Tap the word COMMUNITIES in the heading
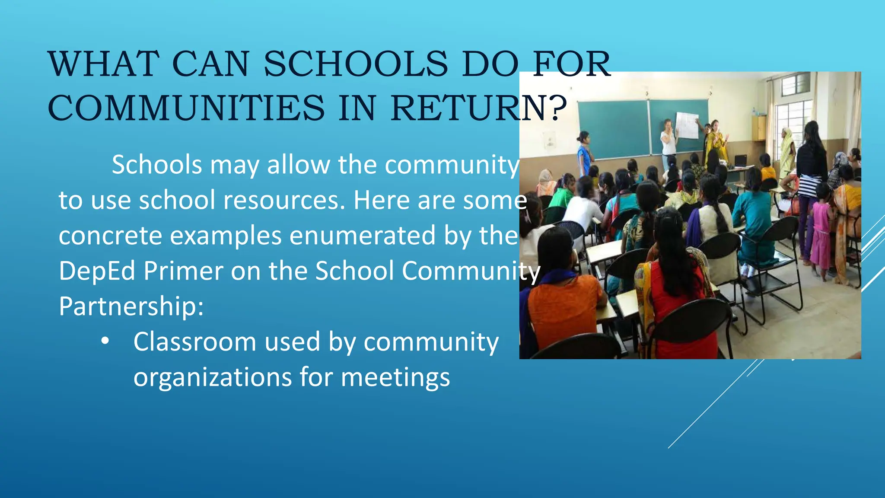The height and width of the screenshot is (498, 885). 186,108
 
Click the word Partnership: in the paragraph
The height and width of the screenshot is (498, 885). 131,306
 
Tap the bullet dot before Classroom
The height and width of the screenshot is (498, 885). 105,342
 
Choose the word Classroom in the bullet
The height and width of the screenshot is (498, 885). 194,342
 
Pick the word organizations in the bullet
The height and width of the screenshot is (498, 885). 212,377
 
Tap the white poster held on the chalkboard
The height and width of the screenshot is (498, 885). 687,125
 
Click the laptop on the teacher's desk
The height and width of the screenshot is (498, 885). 741,161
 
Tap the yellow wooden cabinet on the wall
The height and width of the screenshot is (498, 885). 759,128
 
